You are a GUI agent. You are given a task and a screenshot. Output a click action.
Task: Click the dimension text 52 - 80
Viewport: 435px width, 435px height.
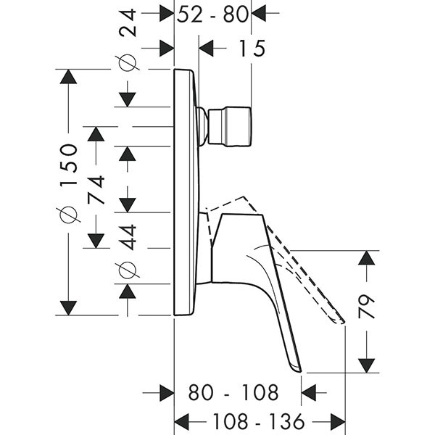pyautogui.click(x=212, y=14)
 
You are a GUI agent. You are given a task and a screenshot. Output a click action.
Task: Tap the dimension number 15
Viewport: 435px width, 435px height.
pyautogui.click(x=252, y=49)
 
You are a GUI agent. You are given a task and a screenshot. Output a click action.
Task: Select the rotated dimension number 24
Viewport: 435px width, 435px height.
pyautogui.click(x=128, y=22)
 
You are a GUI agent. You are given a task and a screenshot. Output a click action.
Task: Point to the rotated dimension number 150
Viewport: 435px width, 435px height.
pyautogui.click(x=68, y=165)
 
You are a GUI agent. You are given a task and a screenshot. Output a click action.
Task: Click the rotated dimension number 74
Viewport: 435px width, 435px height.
pyautogui.click(x=96, y=189)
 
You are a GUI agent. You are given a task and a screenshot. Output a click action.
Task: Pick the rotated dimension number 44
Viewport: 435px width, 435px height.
pyautogui.click(x=128, y=237)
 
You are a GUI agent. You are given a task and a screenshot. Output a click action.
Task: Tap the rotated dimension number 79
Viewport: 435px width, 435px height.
pyautogui.click(x=366, y=306)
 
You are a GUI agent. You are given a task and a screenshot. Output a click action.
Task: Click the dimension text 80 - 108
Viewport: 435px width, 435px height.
pyautogui.click(x=233, y=392)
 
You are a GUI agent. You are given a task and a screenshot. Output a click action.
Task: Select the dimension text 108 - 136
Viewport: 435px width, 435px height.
pyautogui.click(x=259, y=422)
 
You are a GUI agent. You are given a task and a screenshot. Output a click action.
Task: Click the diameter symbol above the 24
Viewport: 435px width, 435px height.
pyautogui.click(x=128, y=62)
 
